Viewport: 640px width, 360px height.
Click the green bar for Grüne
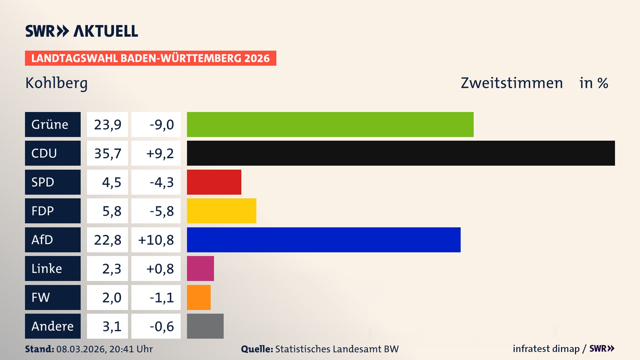330,124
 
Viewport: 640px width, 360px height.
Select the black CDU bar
401,153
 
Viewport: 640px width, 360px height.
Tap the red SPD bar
214,182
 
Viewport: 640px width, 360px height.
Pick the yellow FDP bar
221,211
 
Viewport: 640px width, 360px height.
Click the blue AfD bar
323,240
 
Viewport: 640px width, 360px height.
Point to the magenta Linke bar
200,268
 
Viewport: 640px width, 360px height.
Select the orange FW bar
199,297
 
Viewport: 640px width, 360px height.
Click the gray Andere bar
205,326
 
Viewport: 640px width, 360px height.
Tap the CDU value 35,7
107,153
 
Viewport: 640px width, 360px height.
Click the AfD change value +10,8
156,240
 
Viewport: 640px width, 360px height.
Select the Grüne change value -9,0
162,125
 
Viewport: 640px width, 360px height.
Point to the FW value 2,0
111,297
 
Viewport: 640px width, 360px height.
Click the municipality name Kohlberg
56,83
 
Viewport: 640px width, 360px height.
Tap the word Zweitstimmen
512,83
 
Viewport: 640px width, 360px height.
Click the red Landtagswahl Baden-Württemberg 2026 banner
150,58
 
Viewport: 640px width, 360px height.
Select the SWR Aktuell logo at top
81,31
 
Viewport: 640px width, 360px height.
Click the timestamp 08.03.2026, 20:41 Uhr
104,349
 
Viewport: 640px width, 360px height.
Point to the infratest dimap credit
546,349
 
